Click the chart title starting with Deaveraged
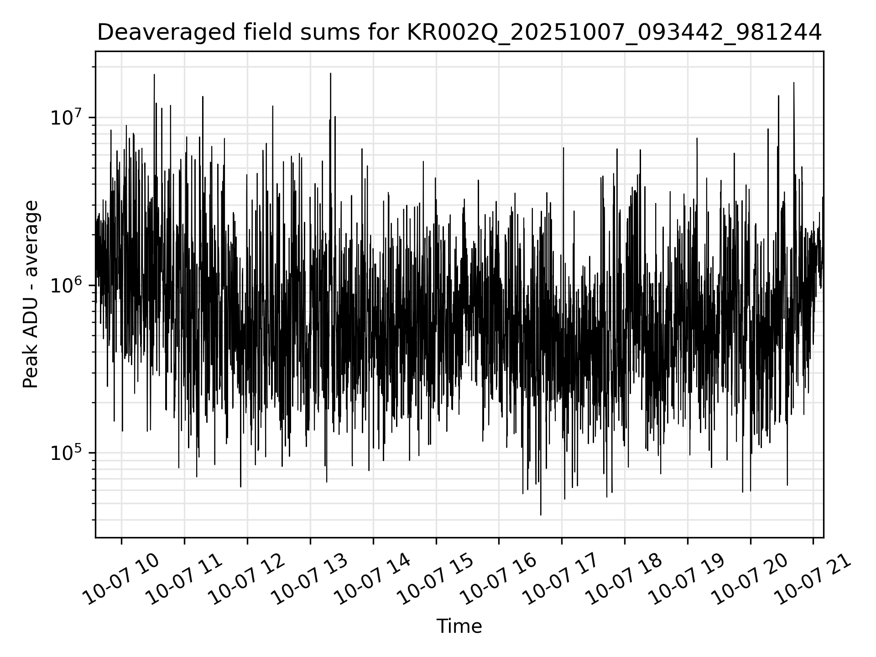click(459, 33)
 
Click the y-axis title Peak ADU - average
click(31, 294)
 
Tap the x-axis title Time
click(459, 626)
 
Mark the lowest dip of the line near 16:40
click(541, 515)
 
